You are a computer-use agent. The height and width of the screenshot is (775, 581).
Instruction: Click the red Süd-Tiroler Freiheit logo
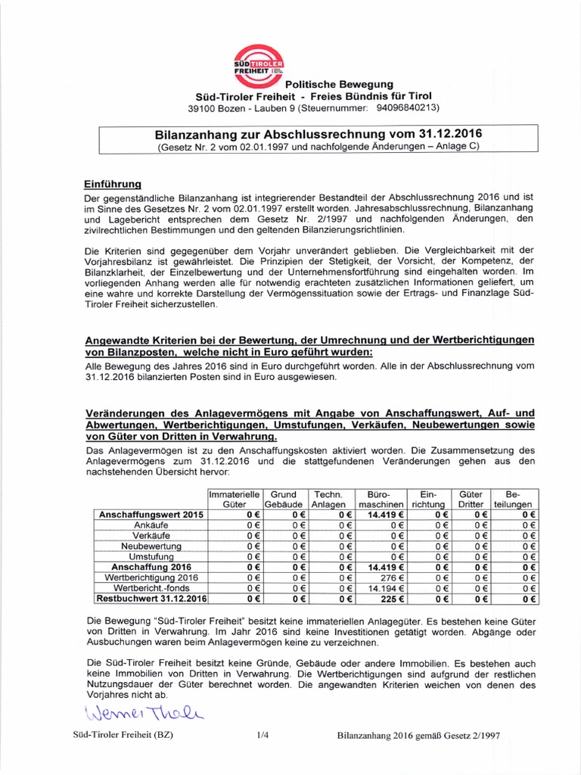click(x=260, y=62)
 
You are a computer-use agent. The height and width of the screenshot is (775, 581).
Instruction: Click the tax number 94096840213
click(x=407, y=107)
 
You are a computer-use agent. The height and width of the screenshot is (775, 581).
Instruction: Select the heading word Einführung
click(x=113, y=184)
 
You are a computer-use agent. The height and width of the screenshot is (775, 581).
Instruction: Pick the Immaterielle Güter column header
click(x=235, y=498)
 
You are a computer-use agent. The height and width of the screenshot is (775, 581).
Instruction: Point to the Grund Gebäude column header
click(x=284, y=498)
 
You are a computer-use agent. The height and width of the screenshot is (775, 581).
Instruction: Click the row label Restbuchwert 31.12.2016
click(x=151, y=598)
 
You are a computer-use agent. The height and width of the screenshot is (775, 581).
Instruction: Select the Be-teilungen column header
click(x=514, y=498)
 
